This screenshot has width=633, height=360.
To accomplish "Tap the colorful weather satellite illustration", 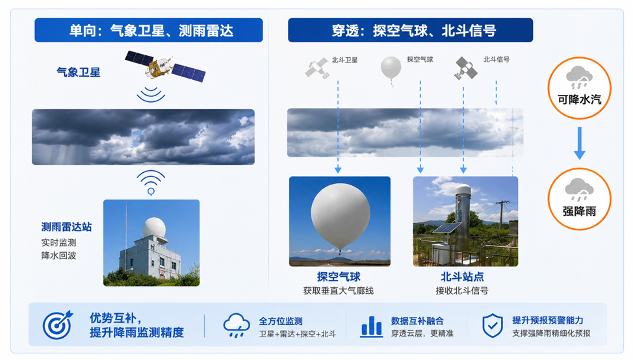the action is (165, 66).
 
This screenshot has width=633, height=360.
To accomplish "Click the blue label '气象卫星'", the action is (79, 72).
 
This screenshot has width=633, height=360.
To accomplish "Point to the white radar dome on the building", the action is (154, 227).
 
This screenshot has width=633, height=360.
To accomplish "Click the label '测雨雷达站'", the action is (66, 227).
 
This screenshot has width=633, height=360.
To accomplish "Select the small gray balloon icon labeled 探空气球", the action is (391, 69).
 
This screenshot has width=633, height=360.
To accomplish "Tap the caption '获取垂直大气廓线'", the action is (339, 290).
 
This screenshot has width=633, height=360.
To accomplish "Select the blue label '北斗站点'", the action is (462, 277).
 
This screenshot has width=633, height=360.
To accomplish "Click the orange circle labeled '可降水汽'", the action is (579, 88).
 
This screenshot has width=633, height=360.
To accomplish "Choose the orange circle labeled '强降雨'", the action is (579, 199).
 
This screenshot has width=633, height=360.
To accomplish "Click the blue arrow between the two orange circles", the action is (579, 143).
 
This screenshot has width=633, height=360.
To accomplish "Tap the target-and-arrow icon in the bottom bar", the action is (58, 324).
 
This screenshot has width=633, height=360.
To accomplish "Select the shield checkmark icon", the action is (493, 326).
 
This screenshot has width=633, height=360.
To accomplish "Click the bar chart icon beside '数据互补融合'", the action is (371, 326).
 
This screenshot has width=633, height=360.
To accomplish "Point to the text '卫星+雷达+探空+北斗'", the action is (298, 334).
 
